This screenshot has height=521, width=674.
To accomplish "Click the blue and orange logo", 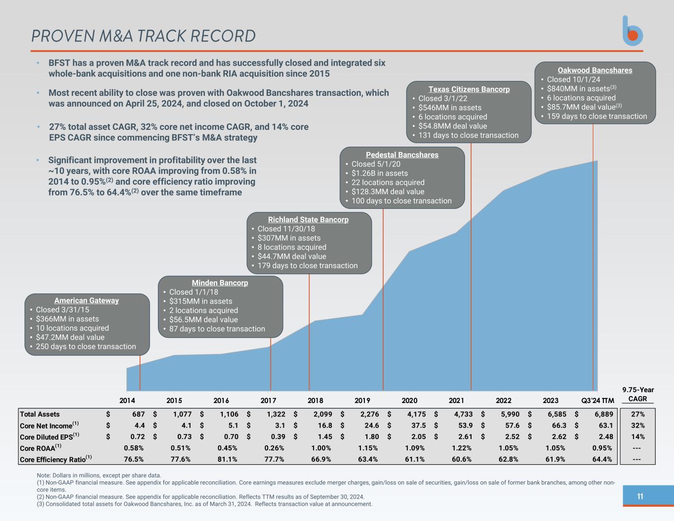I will pyautogui.click(x=633, y=31).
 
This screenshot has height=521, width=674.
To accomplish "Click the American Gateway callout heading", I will pyautogui.click(x=86, y=300).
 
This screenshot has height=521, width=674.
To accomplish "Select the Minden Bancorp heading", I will pyautogui.click(x=220, y=282).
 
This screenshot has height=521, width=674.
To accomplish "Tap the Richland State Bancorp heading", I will pyautogui.click(x=308, y=219).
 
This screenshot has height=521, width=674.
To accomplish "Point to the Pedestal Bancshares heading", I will pyautogui.click(x=402, y=155).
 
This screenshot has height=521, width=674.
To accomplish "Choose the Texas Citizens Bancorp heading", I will pyautogui.click(x=469, y=89).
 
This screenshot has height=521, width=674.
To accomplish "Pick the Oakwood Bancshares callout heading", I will pyautogui.click(x=595, y=70).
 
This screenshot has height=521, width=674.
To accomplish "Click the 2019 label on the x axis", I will pyautogui.click(x=362, y=401).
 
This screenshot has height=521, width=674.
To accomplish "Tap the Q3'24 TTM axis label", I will pyautogui.click(x=597, y=401).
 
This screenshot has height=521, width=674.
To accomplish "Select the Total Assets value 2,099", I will pyautogui.click(x=322, y=414).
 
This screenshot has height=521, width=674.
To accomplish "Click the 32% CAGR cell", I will pyautogui.click(x=637, y=425).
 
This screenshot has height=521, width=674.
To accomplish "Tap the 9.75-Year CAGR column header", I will pyautogui.click(x=637, y=394).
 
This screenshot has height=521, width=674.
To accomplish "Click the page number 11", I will pyautogui.click(x=640, y=496).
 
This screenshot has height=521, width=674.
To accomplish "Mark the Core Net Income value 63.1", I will pyautogui.click(x=605, y=425).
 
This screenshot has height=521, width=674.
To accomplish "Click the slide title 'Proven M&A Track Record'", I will pyautogui.click(x=143, y=36).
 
